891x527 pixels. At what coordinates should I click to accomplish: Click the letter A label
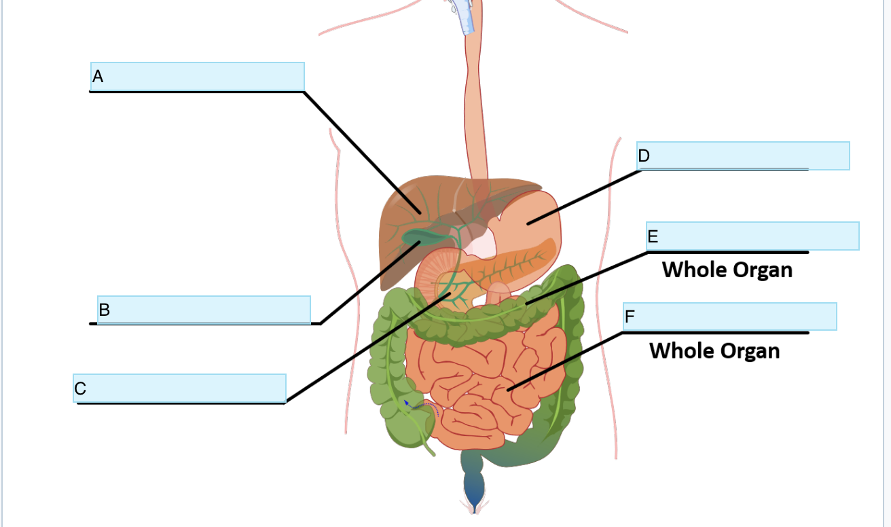point(98,77)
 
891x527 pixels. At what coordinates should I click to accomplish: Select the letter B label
point(105,310)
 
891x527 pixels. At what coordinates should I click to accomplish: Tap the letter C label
point(80,389)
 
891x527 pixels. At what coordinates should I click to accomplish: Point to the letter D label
point(644,156)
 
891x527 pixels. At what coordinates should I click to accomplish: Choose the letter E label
point(653,236)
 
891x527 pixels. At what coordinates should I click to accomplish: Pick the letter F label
point(630,317)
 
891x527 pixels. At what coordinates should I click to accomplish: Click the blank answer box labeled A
point(197,76)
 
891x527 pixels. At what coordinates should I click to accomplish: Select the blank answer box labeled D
point(743,156)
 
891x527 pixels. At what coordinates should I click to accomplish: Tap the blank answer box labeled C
point(179,388)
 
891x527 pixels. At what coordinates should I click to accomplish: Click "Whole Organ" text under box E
point(727,270)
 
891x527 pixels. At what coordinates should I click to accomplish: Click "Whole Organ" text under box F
point(714,350)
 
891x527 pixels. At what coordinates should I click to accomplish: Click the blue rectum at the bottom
point(473,484)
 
